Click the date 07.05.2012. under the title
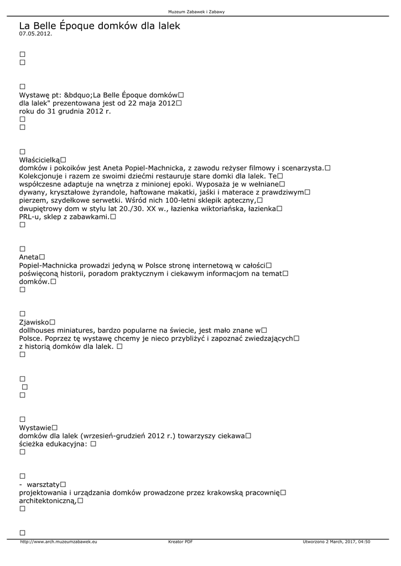(35, 34)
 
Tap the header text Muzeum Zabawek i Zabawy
(200, 12)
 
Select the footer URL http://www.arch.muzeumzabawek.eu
(59, 542)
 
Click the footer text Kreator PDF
(180, 542)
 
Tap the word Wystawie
(35, 427)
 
